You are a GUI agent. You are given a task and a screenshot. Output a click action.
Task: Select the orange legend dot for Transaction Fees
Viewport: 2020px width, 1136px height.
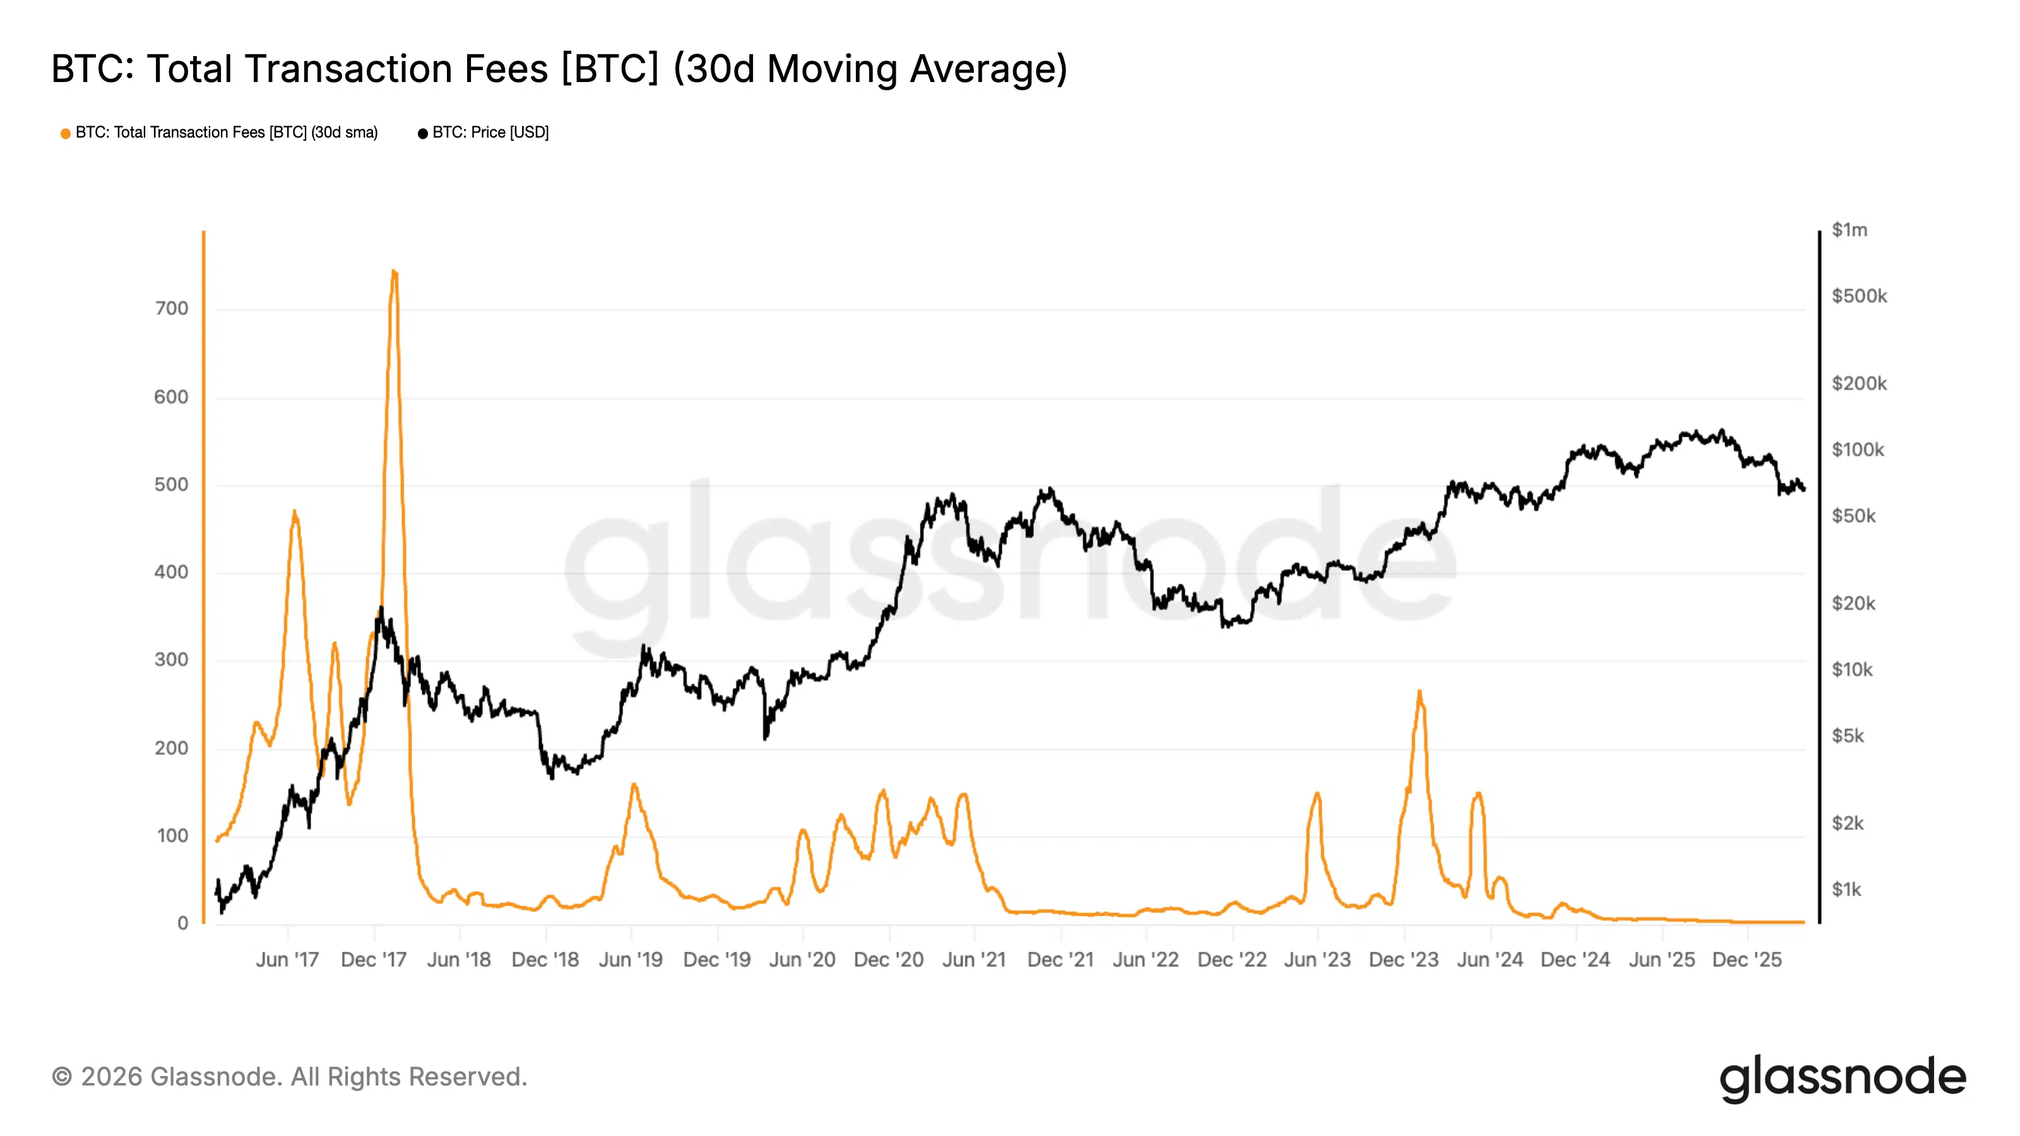point(66,134)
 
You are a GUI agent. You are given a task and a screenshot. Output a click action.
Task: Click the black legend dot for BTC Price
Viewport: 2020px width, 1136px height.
point(423,134)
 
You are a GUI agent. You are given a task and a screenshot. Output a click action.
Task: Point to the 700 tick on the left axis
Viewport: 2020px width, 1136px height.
point(172,309)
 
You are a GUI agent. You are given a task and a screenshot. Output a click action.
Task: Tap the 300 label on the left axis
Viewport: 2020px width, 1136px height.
point(172,660)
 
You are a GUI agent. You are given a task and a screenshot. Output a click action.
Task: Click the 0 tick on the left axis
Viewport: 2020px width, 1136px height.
point(182,923)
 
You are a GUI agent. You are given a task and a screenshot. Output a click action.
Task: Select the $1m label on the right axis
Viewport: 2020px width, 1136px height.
point(1849,230)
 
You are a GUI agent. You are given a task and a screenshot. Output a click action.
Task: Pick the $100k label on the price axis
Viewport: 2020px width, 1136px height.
point(1857,450)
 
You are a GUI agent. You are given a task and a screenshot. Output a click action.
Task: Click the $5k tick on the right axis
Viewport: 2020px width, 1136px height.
point(1848,736)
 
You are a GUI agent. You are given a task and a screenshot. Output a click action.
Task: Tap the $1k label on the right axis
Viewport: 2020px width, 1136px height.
point(1846,890)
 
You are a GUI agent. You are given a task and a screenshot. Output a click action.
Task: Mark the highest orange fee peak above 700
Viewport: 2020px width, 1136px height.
point(394,271)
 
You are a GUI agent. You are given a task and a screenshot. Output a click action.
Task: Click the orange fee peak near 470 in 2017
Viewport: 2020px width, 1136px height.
point(294,512)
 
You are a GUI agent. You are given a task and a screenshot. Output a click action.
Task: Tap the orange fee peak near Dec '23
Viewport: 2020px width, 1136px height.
point(1419,692)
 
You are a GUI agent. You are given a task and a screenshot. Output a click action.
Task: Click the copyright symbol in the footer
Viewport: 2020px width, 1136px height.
point(61,1077)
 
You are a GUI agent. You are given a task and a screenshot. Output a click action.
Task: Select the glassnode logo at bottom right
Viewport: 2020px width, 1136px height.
point(1843,1079)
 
